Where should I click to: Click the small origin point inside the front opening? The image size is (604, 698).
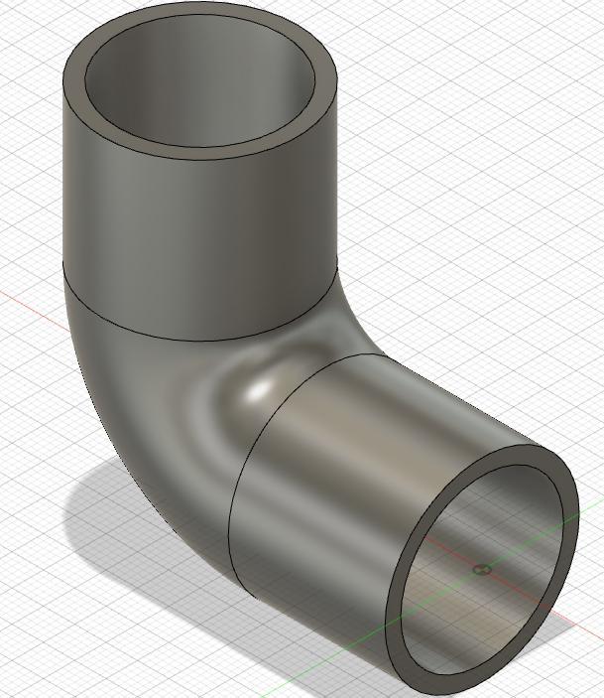[x=482, y=570]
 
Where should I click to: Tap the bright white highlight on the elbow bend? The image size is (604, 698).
[x=259, y=390]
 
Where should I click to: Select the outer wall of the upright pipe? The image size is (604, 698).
[x=198, y=228]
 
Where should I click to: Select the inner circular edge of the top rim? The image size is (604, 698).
[x=203, y=148]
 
